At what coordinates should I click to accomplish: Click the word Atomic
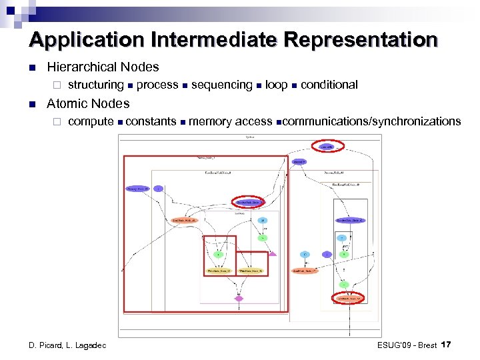[x=67, y=103]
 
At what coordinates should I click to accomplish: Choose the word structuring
[x=96, y=85]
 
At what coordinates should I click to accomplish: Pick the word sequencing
[x=221, y=85]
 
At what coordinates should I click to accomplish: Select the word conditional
[x=329, y=85]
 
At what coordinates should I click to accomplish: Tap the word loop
[x=276, y=85]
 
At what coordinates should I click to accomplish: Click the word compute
[x=91, y=121]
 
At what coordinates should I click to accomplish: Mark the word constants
[x=151, y=121]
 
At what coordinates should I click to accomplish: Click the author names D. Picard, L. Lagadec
[x=67, y=345]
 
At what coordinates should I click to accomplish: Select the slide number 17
[x=447, y=344]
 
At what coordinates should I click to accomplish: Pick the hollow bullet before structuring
[x=57, y=85]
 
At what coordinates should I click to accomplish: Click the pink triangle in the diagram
[x=272, y=253]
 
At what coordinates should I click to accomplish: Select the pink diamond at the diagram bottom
[x=239, y=298]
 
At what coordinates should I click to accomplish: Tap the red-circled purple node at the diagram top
[x=326, y=146]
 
